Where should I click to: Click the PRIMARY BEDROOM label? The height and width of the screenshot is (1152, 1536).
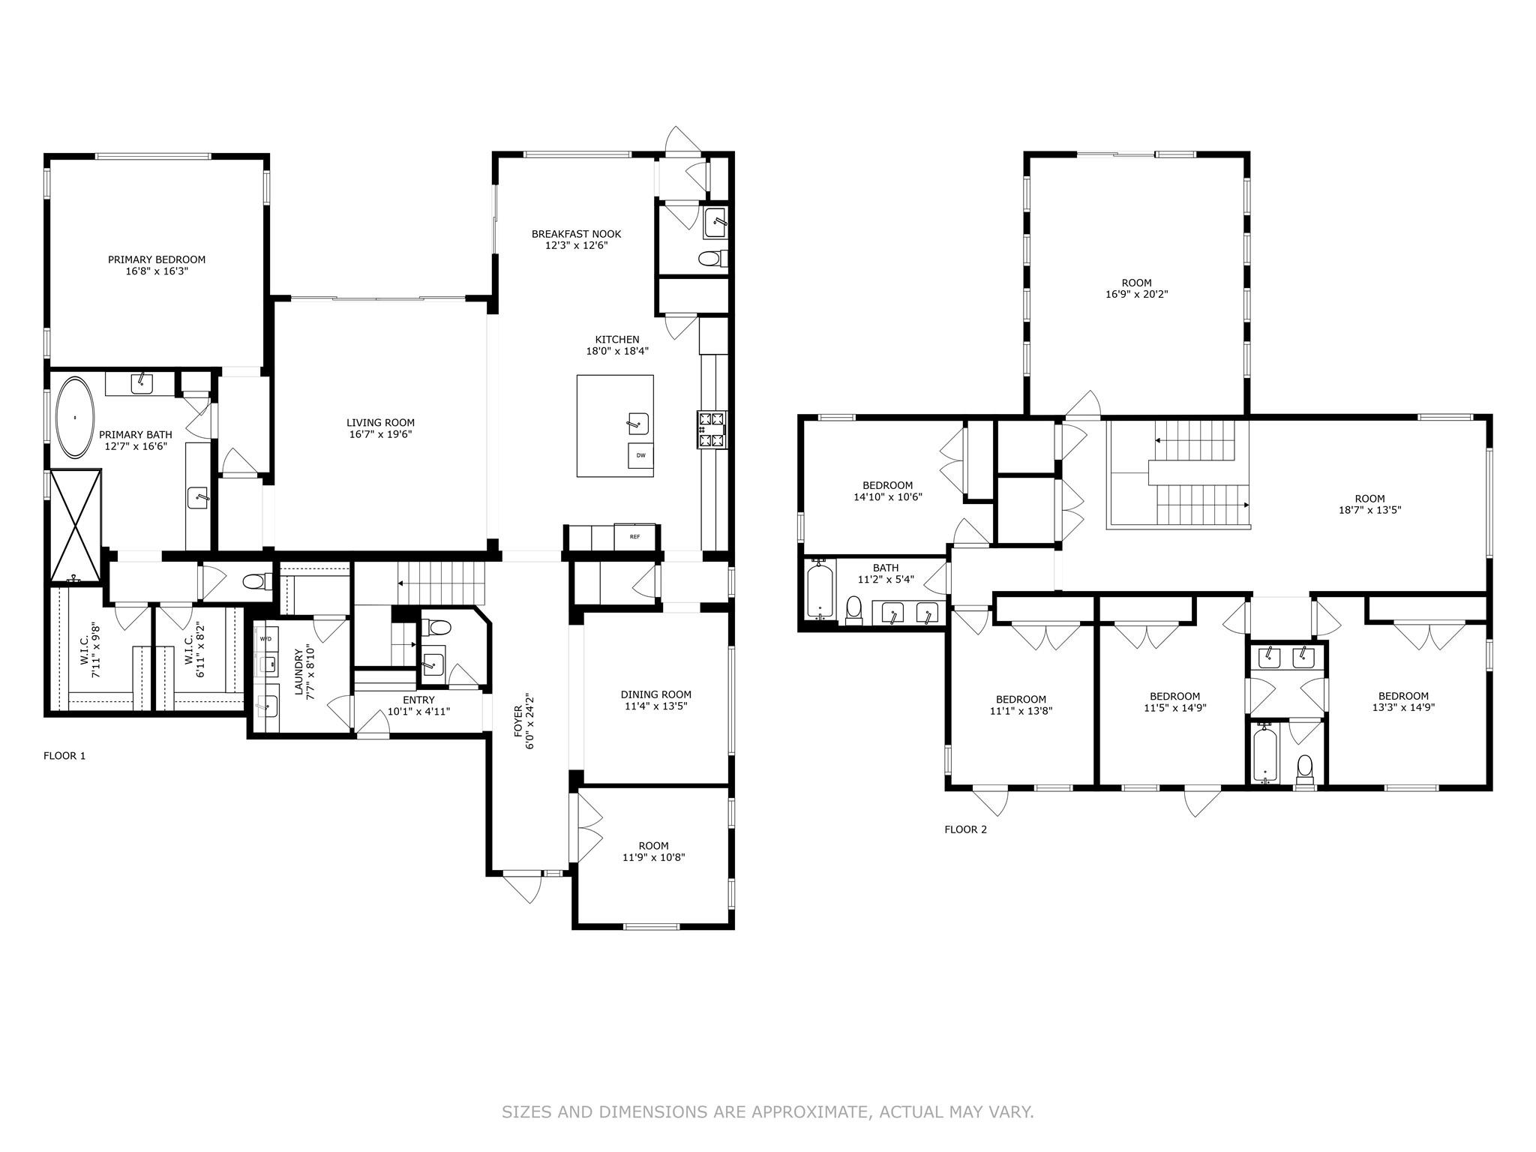point(156,259)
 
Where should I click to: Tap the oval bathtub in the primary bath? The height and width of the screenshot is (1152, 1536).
point(74,417)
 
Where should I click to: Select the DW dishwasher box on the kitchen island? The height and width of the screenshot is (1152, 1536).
point(640,455)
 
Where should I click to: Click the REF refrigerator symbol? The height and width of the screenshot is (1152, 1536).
point(634,536)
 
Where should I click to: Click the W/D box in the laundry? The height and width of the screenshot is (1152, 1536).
point(266,638)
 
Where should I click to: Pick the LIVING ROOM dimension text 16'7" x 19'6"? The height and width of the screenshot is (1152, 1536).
point(380,434)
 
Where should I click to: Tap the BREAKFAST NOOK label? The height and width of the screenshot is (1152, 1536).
point(576,234)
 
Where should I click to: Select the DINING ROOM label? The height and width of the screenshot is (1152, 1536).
point(655,694)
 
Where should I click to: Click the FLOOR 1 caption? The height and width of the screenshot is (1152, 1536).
point(64,755)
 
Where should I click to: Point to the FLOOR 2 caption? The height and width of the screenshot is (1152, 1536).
point(965,829)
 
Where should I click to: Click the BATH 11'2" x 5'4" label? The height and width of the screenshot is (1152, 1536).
point(885,574)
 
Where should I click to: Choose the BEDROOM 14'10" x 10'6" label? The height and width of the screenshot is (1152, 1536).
point(887,491)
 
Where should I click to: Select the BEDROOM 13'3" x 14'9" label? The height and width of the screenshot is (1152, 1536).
point(1402,701)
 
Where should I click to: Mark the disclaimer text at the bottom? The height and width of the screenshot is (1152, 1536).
point(768,1111)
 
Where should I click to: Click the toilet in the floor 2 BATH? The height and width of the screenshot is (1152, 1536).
point(853,610)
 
